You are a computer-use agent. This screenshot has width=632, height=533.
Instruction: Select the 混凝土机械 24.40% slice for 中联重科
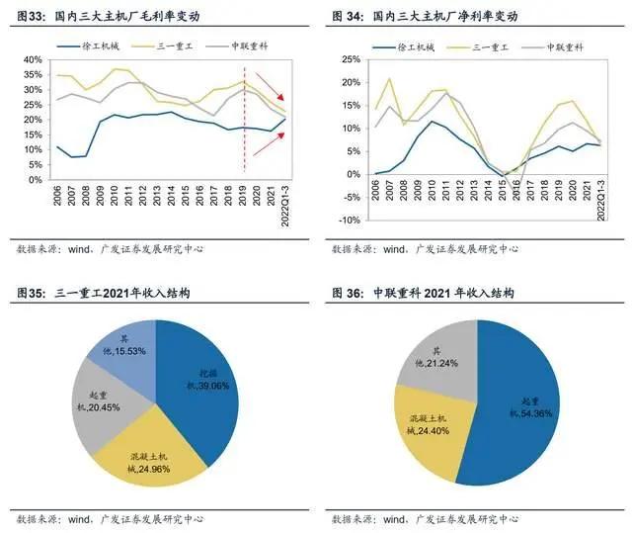click(x=430, y=420)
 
